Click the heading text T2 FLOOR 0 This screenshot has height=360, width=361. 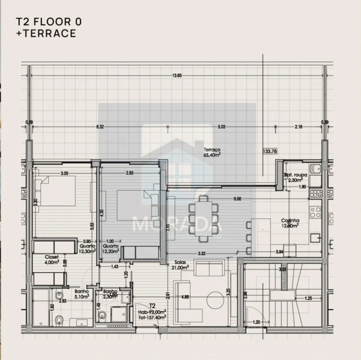[x=48, y=22]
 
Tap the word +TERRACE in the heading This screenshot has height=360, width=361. [x=45, y=34]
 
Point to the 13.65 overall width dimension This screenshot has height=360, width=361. [x=176, y=75]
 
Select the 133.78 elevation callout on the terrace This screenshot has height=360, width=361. [x=270, y=151]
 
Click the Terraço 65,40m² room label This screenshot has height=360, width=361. [x=212, y=152]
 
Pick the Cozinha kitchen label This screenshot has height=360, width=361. [x=290, y=222]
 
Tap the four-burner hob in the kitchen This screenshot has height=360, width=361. [x=315, y=212]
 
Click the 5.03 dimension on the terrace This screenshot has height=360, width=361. [x=221, y=127]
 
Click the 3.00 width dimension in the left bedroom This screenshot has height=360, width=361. [x=64, y=173]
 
